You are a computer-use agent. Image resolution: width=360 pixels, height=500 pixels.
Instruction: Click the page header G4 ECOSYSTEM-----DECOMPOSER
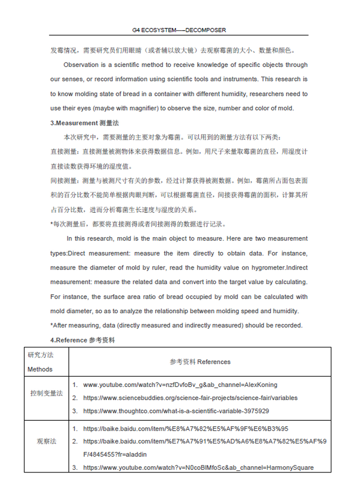click(179, 30)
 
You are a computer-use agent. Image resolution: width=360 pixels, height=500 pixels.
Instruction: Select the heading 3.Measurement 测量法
click(85, 123)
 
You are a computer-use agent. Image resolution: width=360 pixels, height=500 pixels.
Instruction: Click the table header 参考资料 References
click(200, 362)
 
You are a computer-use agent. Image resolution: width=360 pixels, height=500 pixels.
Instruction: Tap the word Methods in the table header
click(40, 369)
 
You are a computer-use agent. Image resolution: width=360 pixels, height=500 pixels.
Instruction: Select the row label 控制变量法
click(46, 393)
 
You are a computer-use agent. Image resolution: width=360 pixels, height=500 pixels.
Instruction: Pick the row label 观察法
click(46, 441)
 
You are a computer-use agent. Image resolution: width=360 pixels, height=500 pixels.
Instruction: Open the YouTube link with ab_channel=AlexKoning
click(180, 385)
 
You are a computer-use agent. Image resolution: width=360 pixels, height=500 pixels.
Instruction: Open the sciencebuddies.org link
click(190, 398)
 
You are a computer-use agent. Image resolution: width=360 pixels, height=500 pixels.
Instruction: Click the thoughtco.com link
click(176, 411)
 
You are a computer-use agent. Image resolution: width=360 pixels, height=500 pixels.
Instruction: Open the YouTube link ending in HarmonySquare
click(198, 468)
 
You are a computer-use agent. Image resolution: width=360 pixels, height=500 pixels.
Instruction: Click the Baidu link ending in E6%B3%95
click(185, 429)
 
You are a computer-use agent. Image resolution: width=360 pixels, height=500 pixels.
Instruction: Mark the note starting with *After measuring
click(176, 325)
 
